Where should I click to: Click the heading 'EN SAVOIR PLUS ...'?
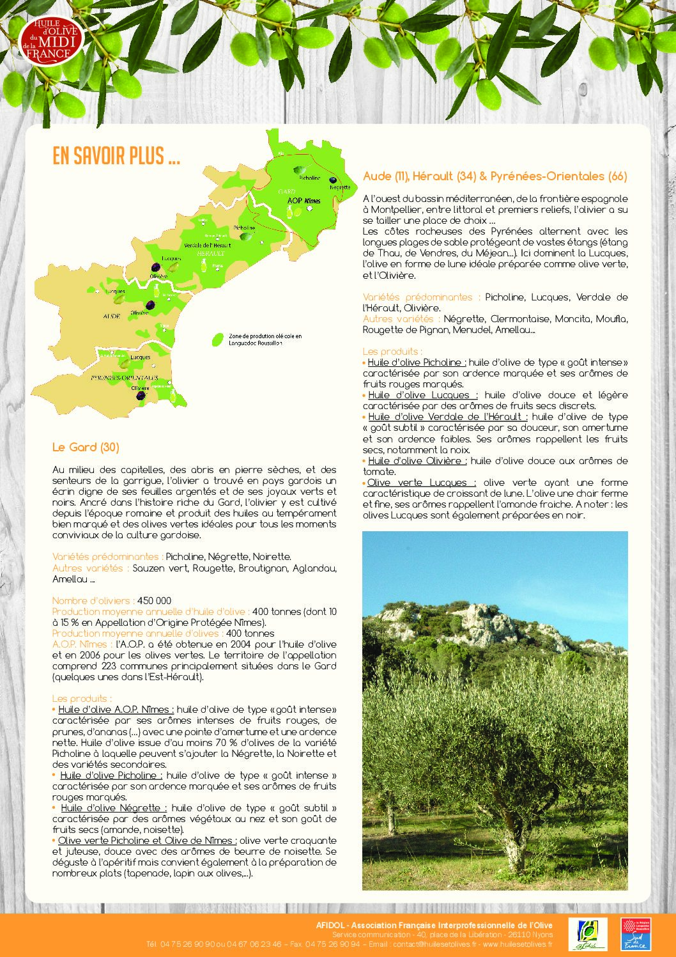pyautogui.click(x=116, y=156)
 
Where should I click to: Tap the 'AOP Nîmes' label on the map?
pyautogui.click(x=303, y=201)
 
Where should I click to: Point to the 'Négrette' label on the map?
pyautogui.click(x=340, y=187)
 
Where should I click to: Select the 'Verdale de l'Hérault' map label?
pyautogui.click(x=207, y=245)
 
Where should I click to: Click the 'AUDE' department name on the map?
pyautogui.click(x=112, y=316)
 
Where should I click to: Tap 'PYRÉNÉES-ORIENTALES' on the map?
pyautogui.click(x=125, y=378)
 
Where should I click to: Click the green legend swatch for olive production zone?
pyautogui.click(x=219, y=339)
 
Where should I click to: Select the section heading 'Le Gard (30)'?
pyautogui.click(x=86, y=447)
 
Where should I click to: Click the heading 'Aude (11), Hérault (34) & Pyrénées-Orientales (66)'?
pyautogui.click(x=495, y=176)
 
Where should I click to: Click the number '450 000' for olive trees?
pyautogui.click(x=154, y=601)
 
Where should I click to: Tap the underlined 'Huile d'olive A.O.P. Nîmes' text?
pyautogui.click(x=115, y=710)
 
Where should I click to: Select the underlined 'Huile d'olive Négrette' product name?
pyautogui.click(x=114, y=808)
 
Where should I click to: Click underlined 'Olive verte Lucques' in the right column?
pyautogui.click(x=421, y=483)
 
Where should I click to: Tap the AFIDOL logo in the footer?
pyautogui.click(x=592, y=935)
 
